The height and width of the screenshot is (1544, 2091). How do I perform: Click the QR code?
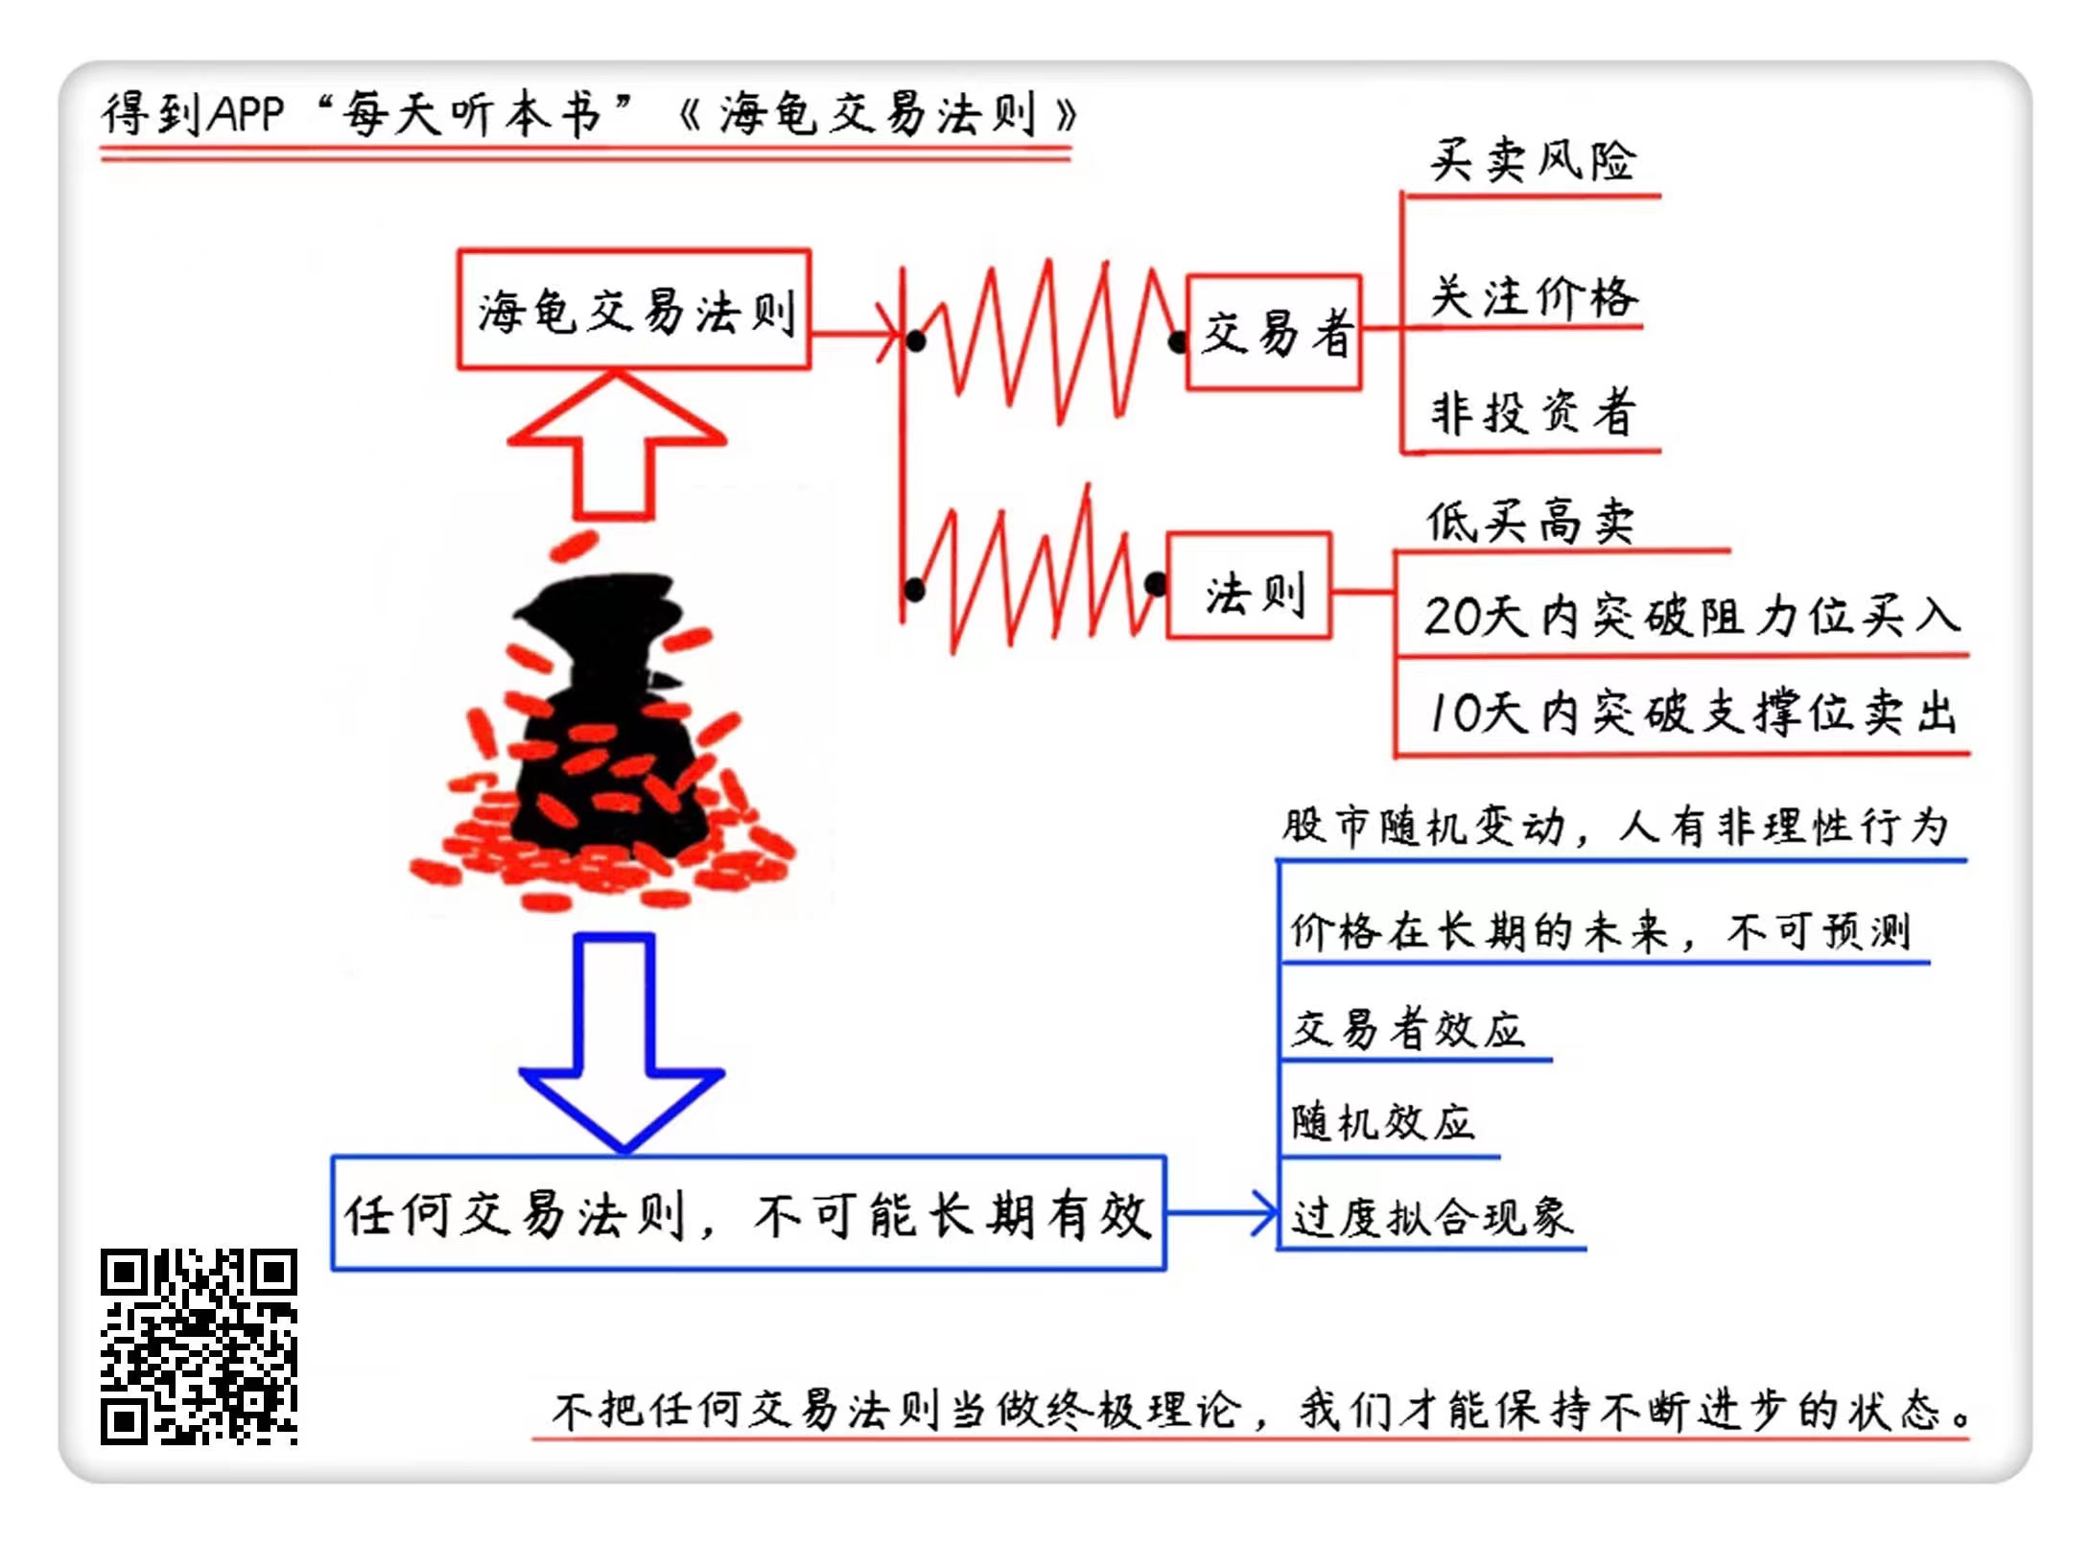click(x=199, y=1345)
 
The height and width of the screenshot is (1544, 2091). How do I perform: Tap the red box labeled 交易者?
click(x=1274, y=333)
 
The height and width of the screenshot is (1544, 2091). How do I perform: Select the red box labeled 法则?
click(x=1249, y=586)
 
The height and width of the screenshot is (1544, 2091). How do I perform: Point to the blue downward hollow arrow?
click(x=619, y=1041)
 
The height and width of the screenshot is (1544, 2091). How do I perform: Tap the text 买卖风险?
click(x=1532, y=161)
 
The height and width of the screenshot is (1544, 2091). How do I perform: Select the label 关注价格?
click(x=1534, y=297)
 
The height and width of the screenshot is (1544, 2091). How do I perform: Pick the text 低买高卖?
click(x=1530, y=523)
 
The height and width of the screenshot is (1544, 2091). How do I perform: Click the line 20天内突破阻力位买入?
click(x=1691, y=617)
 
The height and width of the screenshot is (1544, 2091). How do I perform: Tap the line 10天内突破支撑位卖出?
click(x=1691, y=714)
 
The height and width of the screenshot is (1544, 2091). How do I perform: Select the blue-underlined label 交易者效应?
click(x=1407, y=1029)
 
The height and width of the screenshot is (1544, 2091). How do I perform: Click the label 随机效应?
click(x=1382, y=1122)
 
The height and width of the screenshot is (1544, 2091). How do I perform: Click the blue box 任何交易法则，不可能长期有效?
click(x=748, y=1214)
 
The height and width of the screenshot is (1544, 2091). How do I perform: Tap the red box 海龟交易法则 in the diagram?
click(x=634, y=310)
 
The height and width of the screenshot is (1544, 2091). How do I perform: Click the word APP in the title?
click(x=247, y=115)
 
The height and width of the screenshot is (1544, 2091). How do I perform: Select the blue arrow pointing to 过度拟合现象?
click(x=1223, y=1213)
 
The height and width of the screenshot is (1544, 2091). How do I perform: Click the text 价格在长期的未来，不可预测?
click(x=1600, y=930)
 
